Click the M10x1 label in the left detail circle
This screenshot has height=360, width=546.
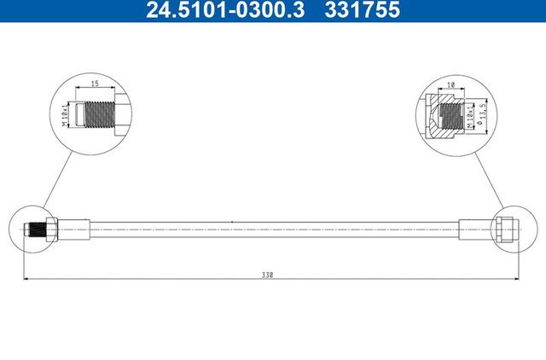[66, 113]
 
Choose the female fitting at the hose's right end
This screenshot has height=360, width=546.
[506, 229]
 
